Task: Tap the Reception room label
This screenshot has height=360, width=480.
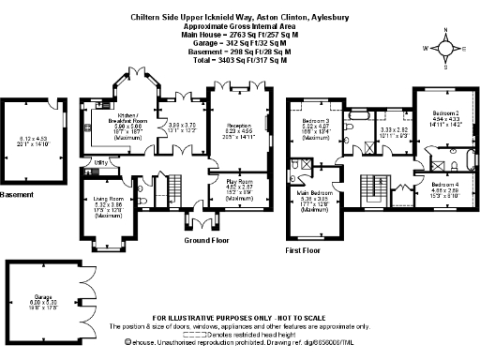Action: (x=238, y=124)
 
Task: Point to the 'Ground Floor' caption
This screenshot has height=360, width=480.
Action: (x=203, y=240)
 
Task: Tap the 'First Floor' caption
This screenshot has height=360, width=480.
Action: (x=303, y=252)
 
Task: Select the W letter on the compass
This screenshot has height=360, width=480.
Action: (x=424, y=45)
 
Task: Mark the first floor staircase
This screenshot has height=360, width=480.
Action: (x=375, y=182)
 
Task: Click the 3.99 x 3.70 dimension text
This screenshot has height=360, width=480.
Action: (x=181, y=127)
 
